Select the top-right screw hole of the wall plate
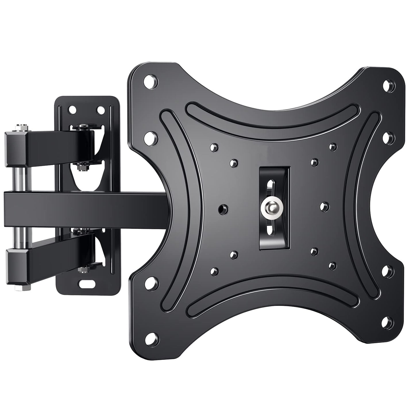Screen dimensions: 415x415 (100, 109)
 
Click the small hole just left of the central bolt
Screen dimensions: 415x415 (222, 208)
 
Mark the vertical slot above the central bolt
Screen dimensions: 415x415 (270, 187)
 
